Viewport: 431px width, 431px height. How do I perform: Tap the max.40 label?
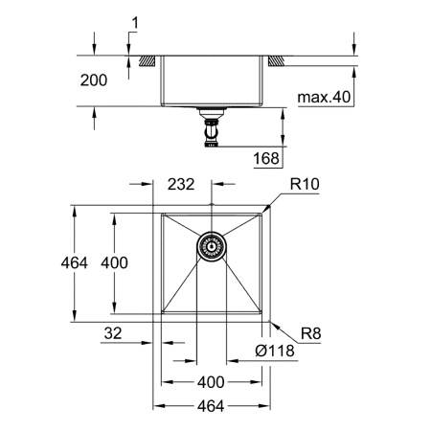[324, 97]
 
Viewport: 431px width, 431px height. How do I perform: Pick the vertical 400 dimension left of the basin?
[114, 262]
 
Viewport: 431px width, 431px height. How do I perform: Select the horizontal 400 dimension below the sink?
[212, 381]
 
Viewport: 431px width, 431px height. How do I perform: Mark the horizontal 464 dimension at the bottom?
[212, 406]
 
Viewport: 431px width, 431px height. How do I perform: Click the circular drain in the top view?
[212, 246]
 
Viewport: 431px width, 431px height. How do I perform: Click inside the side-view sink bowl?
[212, 81]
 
